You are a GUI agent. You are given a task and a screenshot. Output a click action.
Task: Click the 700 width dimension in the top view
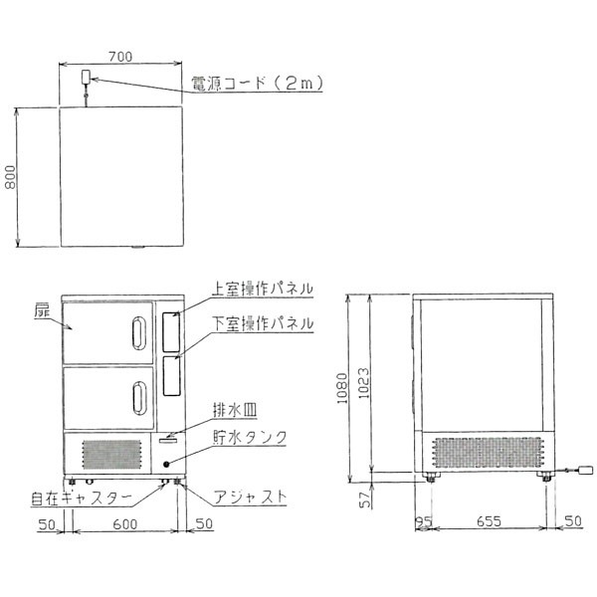[x=120, y=57]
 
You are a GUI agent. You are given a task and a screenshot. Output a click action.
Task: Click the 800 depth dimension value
[x=11, y=177]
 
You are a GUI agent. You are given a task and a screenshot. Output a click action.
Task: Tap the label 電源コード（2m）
[x=257, y=83]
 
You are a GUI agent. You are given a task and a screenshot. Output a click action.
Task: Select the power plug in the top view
[x=86, y=77]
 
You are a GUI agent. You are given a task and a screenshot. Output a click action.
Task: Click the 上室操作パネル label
[x=263, y=289]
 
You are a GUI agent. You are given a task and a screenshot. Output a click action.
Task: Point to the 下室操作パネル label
[x=263, y=323]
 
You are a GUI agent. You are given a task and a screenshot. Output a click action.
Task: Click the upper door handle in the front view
[x=139, y=333]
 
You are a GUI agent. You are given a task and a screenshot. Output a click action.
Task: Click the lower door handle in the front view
[x=139, y=398]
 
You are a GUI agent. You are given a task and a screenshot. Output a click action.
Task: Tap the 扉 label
[x=42, y=311]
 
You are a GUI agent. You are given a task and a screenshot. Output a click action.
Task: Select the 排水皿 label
[x=235, y=410]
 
